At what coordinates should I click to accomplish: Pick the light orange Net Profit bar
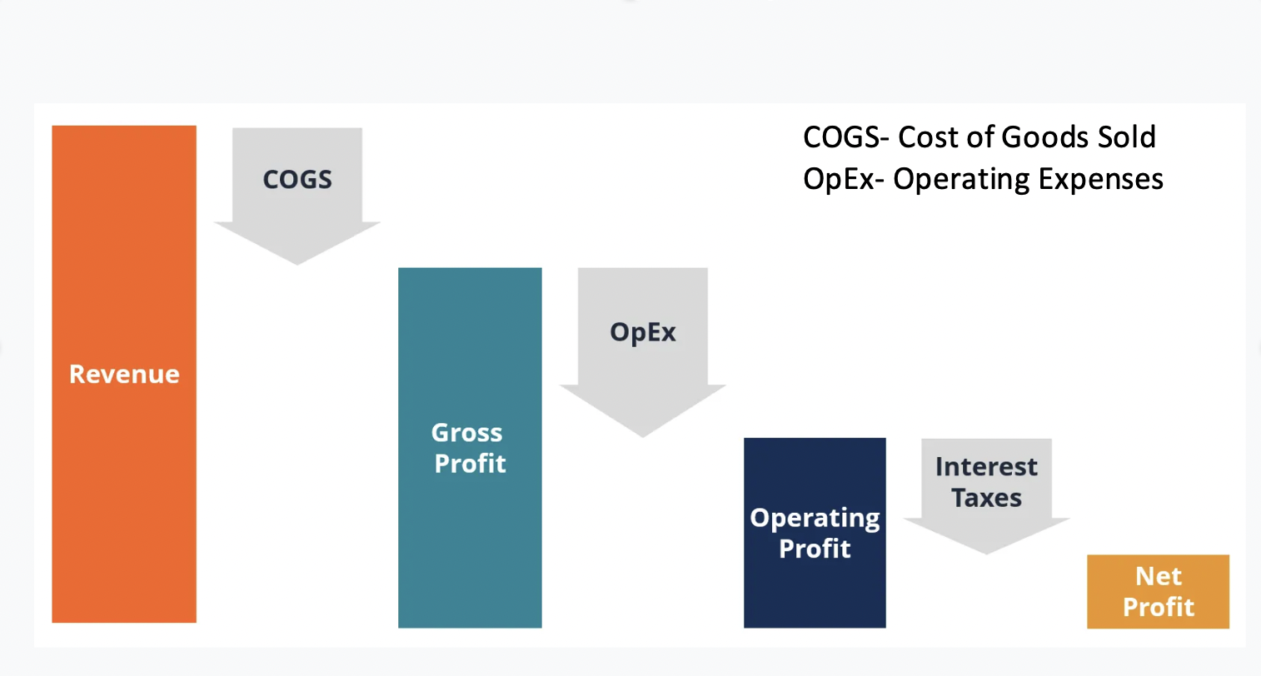(1158, 591)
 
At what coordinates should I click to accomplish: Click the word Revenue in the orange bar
(124, 375)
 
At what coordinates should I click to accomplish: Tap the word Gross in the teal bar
(466, 433)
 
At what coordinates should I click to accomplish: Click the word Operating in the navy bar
(815, 518)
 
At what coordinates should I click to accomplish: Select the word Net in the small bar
(1159, 576)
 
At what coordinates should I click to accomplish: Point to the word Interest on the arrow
(986, 467)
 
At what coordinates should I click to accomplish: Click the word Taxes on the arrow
(986, 498)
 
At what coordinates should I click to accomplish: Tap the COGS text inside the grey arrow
(297, 180)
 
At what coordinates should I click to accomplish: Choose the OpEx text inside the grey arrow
(642, 332)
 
